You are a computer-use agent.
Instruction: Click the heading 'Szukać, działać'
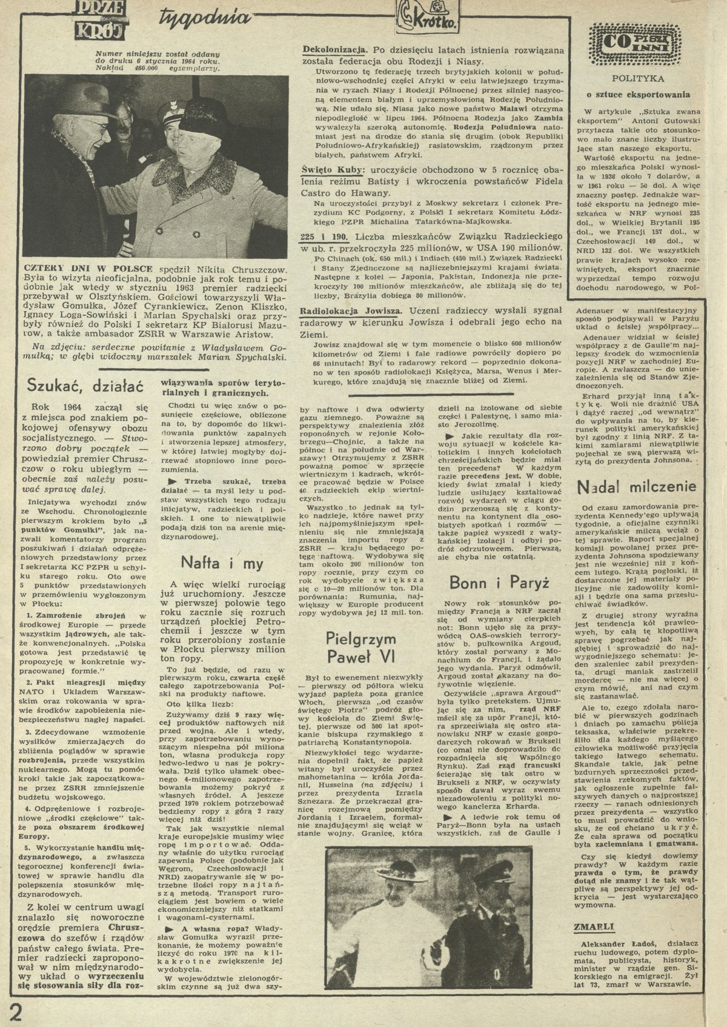click(81, 385)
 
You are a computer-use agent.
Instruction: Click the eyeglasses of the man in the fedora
click(101, 128)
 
